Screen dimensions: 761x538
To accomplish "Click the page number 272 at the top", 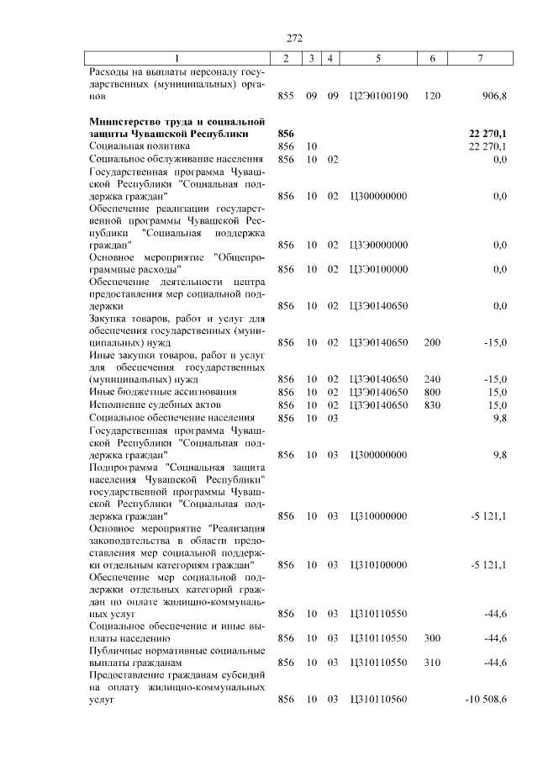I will click(x=293, y=39).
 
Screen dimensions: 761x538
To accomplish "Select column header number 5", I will click(x=378, y=58).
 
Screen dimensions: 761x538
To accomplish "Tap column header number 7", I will click(x=480, y=58).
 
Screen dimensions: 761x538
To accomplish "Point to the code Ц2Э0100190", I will click(x=378, y=97).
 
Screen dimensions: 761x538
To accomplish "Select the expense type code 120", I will click(x=433, y=97).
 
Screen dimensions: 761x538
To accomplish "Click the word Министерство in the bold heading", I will click(x=127, y=121).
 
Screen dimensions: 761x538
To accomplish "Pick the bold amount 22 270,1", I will click(x=487, y=134).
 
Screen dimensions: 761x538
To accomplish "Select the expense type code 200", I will click(x=433, y=342).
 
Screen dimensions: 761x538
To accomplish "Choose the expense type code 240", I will click(x=433, y=379).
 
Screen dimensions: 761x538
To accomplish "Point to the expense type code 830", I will click(x=433, y=404).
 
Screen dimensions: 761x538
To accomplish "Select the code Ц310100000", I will click(x=378, y=564).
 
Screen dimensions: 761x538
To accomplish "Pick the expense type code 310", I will click(x=433, y=663).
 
